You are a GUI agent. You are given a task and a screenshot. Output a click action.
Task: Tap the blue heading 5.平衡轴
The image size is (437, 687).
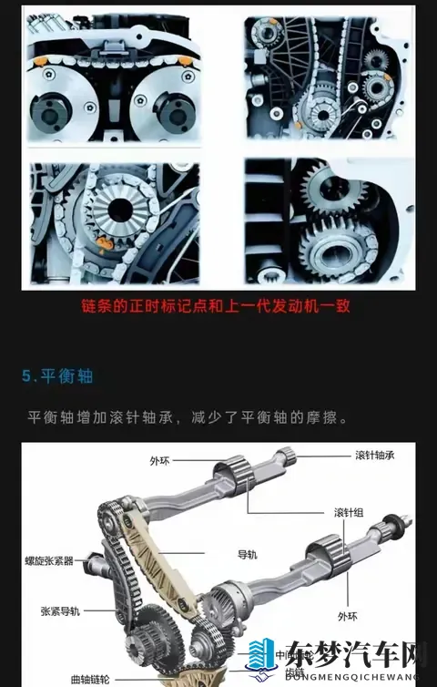(x=57, y=375)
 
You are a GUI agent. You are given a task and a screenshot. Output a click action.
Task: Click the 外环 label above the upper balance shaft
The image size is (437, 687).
(x=159, y=461)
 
